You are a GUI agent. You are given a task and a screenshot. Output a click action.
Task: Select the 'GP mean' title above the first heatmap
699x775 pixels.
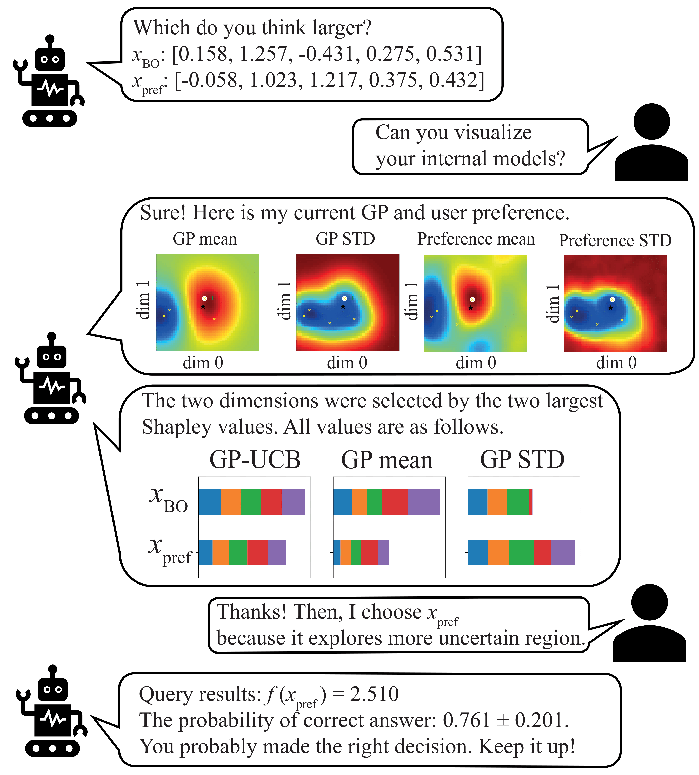pos(205,239)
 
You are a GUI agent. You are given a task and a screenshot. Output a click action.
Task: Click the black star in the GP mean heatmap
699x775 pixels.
pos(203,307)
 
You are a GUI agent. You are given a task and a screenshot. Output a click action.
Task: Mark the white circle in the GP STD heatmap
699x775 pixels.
pos(344,298)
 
